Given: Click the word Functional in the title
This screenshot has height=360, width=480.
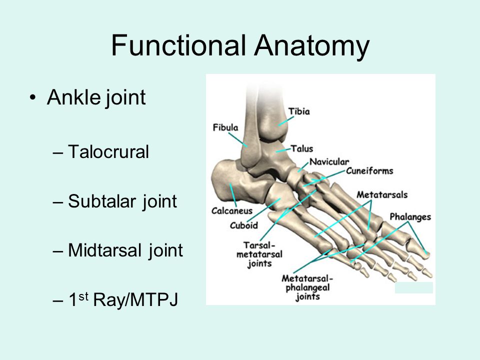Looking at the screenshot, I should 179,45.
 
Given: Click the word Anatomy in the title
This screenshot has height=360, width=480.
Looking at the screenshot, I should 311,45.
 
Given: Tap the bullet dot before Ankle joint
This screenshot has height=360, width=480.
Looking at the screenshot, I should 33,97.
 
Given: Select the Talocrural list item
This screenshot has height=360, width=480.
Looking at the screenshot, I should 108,151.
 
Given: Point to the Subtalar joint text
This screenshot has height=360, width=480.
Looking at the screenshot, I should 122,201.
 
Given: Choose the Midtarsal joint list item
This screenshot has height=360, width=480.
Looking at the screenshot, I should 125,250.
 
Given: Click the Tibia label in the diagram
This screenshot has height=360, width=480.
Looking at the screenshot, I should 299,111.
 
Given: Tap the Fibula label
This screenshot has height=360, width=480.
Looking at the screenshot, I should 225,127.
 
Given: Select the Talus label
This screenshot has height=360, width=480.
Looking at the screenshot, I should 302,148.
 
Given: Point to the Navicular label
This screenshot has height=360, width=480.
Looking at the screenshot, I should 328,161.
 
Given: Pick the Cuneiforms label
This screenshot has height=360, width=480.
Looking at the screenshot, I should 369,171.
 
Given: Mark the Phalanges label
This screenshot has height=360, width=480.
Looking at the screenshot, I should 410,217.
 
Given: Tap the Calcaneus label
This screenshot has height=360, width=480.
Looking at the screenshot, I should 231,210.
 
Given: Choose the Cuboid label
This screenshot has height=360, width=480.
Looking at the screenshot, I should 243,225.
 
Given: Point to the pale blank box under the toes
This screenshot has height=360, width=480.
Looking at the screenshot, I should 413,287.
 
